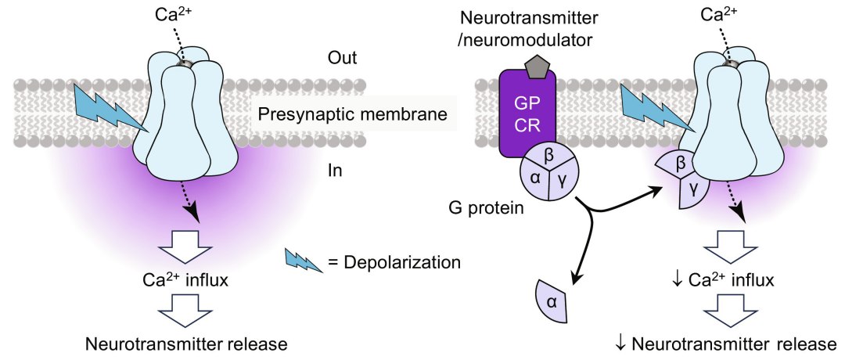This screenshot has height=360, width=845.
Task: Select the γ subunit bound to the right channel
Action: (693, 189)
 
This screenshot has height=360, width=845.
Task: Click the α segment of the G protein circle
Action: (536, 178)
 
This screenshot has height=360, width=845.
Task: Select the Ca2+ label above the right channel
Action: (721, 14)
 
